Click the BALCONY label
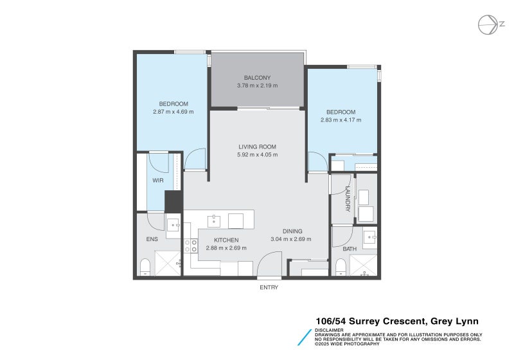(257, 78)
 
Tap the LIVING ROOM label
(257, 147)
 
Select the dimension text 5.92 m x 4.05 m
(257, 154)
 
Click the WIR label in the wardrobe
(158, 181)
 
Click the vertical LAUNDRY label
(347, 199)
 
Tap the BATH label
(350, 248)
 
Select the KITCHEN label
(226, 240)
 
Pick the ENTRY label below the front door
(269, 287)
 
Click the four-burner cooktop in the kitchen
(191, 246)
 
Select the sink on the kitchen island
(214, 221)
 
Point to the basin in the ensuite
(173, 225)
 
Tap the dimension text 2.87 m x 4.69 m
(173, 111)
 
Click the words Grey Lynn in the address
(455, 321)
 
